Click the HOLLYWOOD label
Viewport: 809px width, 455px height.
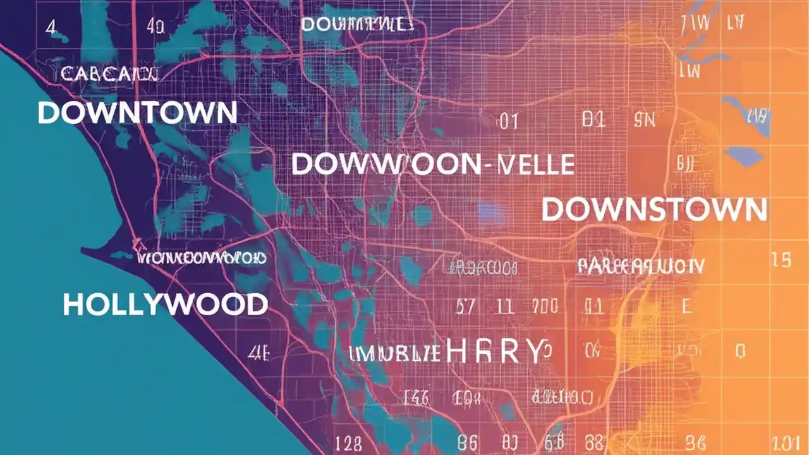(x=165, y=305)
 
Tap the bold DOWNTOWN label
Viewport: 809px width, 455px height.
(x=137, y=112)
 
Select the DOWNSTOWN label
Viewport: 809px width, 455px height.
(x=654, y=210)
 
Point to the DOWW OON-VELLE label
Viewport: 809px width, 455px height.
(x=432, y=164)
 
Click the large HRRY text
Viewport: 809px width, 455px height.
(x=494, y=351)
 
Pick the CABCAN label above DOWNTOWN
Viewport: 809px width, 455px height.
(x=109, y=74)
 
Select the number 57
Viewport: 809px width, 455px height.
(x=466, y=308)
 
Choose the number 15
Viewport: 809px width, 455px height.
(x=782, y=260)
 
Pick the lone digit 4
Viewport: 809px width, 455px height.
(x=51, y=27)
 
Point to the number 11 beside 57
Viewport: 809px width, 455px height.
(x=504, y=308)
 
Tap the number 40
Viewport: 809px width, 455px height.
(x=155, y=27)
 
